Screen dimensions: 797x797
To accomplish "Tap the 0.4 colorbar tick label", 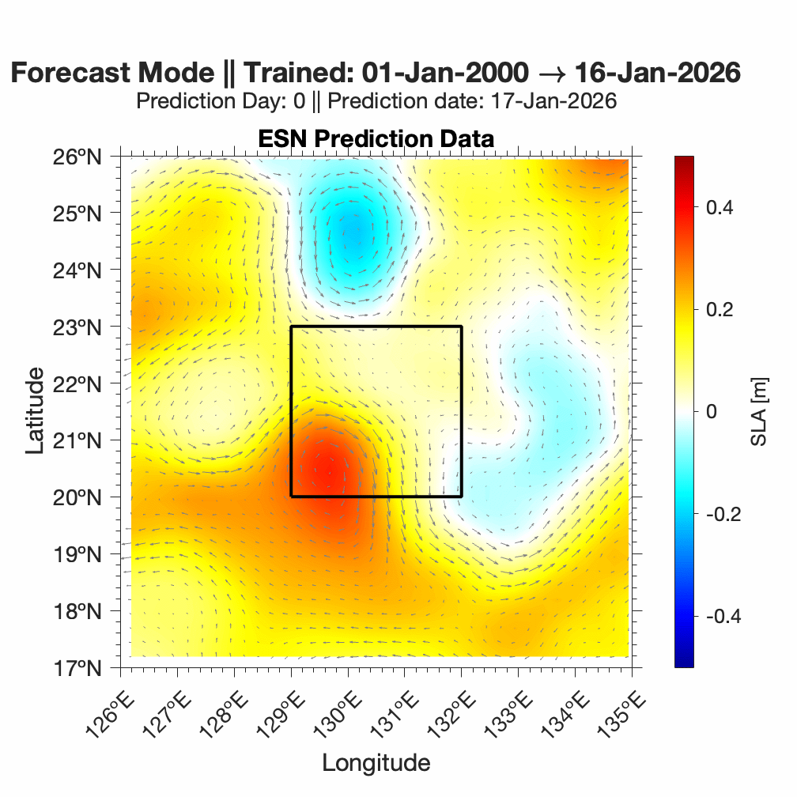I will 720,207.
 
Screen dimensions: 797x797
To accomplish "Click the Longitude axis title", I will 376,763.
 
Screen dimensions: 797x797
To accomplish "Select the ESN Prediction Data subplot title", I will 376,138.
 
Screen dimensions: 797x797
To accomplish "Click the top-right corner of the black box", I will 461,327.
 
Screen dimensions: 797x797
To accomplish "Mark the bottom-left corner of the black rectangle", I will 291,497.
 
